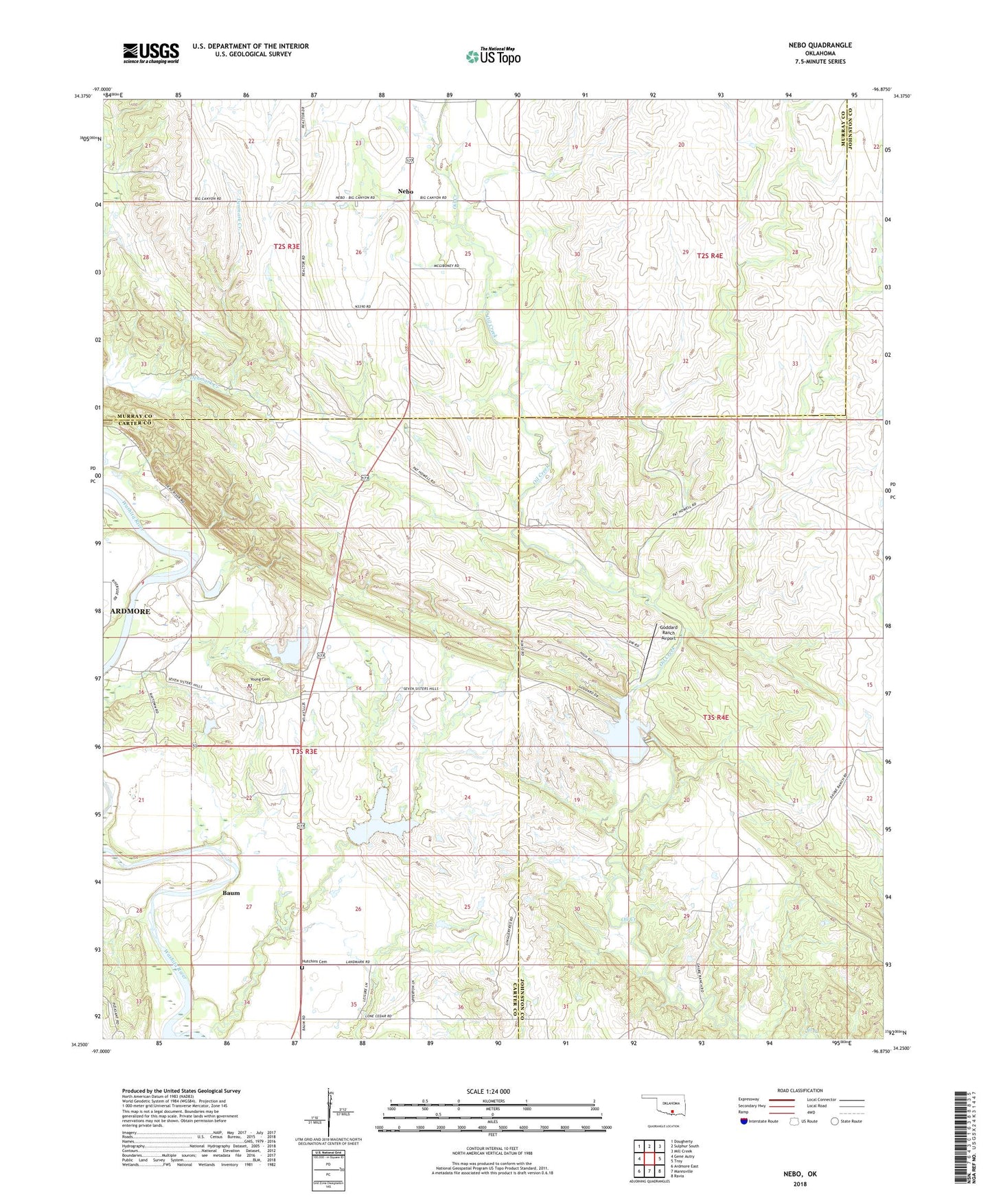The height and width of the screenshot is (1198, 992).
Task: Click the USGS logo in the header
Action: pyautogui.click(x=151, y=53)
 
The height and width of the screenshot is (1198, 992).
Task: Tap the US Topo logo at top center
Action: pyautogui.click(x=493, y=56)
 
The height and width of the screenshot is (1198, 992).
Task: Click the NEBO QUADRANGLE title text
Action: pyautogui.click(x=820, y=45)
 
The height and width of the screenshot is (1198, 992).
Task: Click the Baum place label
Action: pyautogui.click(x=231, y=893)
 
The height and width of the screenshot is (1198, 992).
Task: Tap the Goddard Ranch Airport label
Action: pyautogui.click(x=668, y=633)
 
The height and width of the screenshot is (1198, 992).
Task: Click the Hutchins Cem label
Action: pyautogui.click(x=314, y=962)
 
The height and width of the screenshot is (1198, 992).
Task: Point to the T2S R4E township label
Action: pyautogui.click(x=710, y=255)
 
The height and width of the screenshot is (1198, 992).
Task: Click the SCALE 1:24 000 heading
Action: pyautogui.click(x=488, y=1092)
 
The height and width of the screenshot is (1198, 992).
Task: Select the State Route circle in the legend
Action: pyautogui.click(x=835, y=1122)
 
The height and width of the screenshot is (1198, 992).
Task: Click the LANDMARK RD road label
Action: pyautogui.click(x=358, y=962)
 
